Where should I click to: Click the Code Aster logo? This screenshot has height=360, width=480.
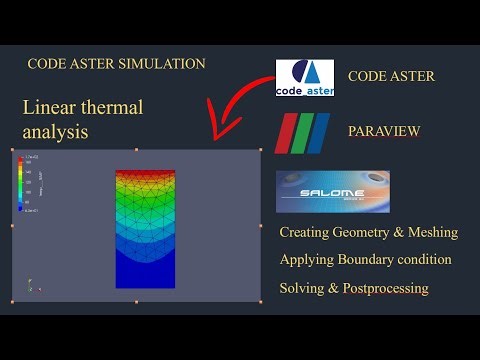pos(305,77)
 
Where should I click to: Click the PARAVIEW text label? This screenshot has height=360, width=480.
pos(385,132)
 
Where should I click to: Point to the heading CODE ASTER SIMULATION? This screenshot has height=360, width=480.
pos(116,63)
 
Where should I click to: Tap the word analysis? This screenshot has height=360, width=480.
pos(55,131)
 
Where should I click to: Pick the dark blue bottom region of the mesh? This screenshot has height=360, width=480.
pos(145,267)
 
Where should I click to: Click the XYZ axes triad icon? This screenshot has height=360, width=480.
pos(30,285)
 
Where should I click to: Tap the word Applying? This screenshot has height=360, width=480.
pos(313,259)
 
